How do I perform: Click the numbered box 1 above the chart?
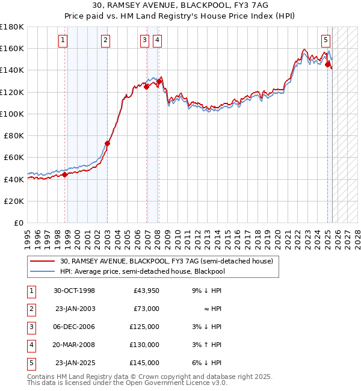63,40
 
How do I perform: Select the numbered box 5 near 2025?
326,40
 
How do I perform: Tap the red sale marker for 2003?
108,143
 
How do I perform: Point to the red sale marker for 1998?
65,175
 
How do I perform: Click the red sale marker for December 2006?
146,87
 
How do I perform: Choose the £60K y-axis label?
14,158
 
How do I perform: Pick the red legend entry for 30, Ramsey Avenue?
166,261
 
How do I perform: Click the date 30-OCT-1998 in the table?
74,291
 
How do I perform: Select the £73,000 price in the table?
146,309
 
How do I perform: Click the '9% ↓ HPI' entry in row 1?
206,291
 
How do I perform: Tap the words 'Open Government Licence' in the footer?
180,383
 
